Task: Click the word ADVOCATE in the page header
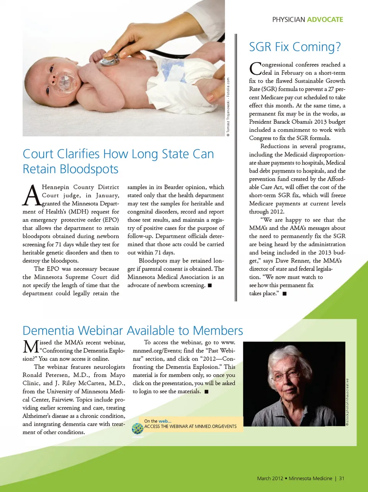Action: [x=325, y=20]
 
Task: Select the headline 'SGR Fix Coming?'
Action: [x=295, y=47]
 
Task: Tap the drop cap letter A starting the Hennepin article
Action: [x=31, y=195]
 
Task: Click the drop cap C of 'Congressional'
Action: [x=255, y=69]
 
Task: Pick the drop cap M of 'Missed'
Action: [x=31, y=347]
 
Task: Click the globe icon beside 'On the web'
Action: [x=137, y=428]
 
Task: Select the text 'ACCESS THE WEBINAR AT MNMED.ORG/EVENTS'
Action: [x=191, y=426]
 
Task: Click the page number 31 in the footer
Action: [x=342, y=478]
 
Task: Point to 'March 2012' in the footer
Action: [x=270, y=478]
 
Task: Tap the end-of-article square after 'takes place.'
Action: [x=284, y=294]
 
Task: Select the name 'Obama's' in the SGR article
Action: [x=305, y=122]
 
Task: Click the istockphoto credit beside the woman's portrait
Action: [x=347, y=402]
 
